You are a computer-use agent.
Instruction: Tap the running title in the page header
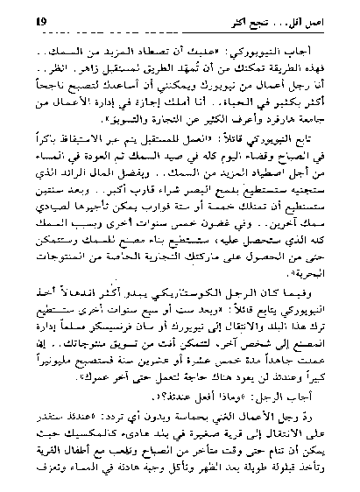pyautogui.click(x=298, y=18)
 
